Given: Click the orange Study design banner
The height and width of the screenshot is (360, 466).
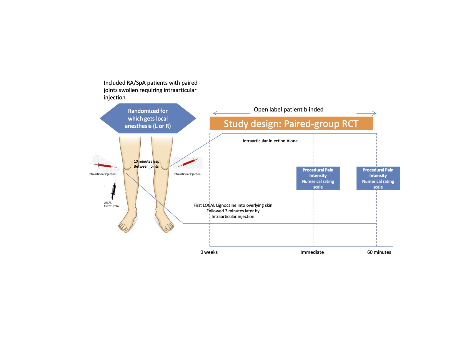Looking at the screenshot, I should click(291, 124).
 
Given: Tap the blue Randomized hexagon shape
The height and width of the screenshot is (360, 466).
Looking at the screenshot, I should click(148, 119).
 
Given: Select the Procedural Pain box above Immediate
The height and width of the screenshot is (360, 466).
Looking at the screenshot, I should click(318, 178).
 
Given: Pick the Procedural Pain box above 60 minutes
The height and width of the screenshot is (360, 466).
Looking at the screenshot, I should click(378, 178).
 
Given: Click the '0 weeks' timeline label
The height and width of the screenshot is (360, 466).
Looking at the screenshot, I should click(209, 252).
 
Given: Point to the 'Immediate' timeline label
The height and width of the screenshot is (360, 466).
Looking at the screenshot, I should click(312, 252).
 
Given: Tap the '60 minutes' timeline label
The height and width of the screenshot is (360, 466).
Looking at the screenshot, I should click(379, 252).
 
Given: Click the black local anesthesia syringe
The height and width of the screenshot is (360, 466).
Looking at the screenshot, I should click(113, 191).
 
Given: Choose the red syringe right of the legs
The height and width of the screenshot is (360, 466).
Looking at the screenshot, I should click(190, 162).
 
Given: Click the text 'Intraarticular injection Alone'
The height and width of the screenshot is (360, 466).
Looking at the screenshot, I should click(270, 141).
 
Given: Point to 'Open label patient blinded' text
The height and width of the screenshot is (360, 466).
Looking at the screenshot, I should click(288, 110).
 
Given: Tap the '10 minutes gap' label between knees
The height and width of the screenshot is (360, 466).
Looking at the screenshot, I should click(146, 161).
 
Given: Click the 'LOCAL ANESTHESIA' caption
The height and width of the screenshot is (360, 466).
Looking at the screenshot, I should click(111, 204).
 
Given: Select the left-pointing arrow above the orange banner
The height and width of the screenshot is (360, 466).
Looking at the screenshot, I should click(231, 113).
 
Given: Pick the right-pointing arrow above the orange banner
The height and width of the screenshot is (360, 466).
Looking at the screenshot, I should click(366, 113).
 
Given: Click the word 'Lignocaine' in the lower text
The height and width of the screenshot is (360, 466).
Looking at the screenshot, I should click(226, 205).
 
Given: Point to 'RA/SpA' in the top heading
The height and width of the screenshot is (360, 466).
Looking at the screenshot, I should click(136, 83).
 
